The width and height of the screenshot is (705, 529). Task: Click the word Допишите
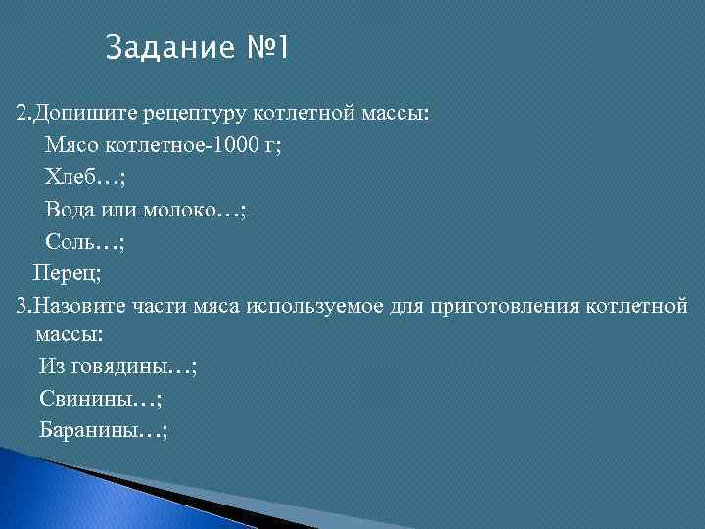click(x=80, y=115)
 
